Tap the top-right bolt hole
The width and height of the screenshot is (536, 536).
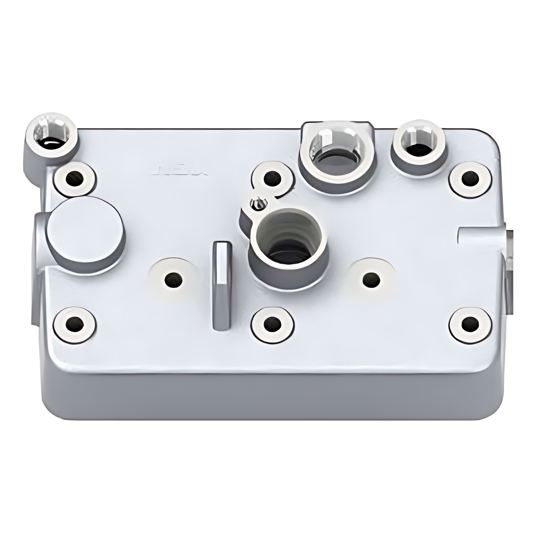tap(470, 179)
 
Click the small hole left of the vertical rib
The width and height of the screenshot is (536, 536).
tap(174, 279)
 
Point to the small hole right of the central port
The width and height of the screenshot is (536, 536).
tap(371, 279)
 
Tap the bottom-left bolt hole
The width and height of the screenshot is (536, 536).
tap(75, 324)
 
